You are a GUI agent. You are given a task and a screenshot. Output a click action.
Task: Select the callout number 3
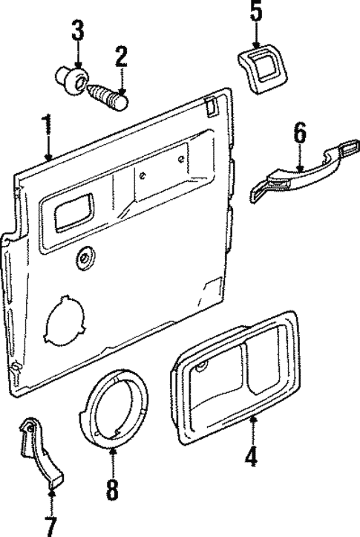(78, 30)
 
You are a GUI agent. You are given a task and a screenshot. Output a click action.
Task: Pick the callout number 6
(300, 134)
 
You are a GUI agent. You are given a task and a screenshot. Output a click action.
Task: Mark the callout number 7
(51, 527)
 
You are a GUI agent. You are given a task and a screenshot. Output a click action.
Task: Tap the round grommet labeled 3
(72, 79)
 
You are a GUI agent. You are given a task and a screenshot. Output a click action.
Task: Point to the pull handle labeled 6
(304, 170)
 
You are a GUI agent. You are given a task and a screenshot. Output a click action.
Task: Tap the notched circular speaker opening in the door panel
(65, 319)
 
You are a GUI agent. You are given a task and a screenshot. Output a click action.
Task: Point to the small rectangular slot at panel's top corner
(210, 106)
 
